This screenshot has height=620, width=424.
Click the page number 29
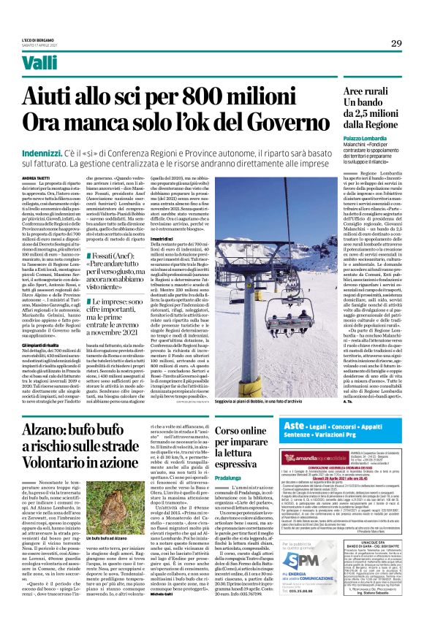[395, 44]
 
